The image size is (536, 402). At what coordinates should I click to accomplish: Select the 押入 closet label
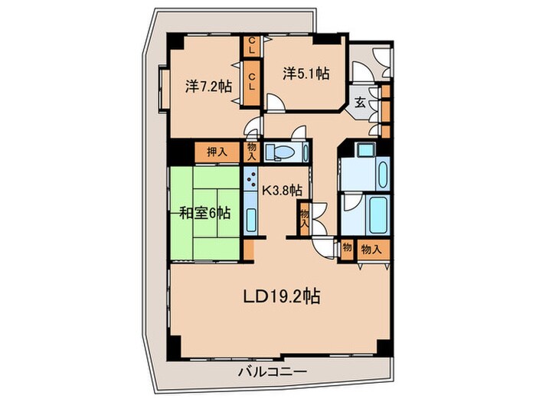tap(217, 152)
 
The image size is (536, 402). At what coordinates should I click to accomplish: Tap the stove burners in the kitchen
tap(252, 181)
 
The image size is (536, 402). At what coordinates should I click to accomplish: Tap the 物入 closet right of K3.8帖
tap(304, 219)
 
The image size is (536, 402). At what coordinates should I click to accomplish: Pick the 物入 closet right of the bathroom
tap(371, 249)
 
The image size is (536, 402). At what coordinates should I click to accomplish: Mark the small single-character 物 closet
tap(347, 248)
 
